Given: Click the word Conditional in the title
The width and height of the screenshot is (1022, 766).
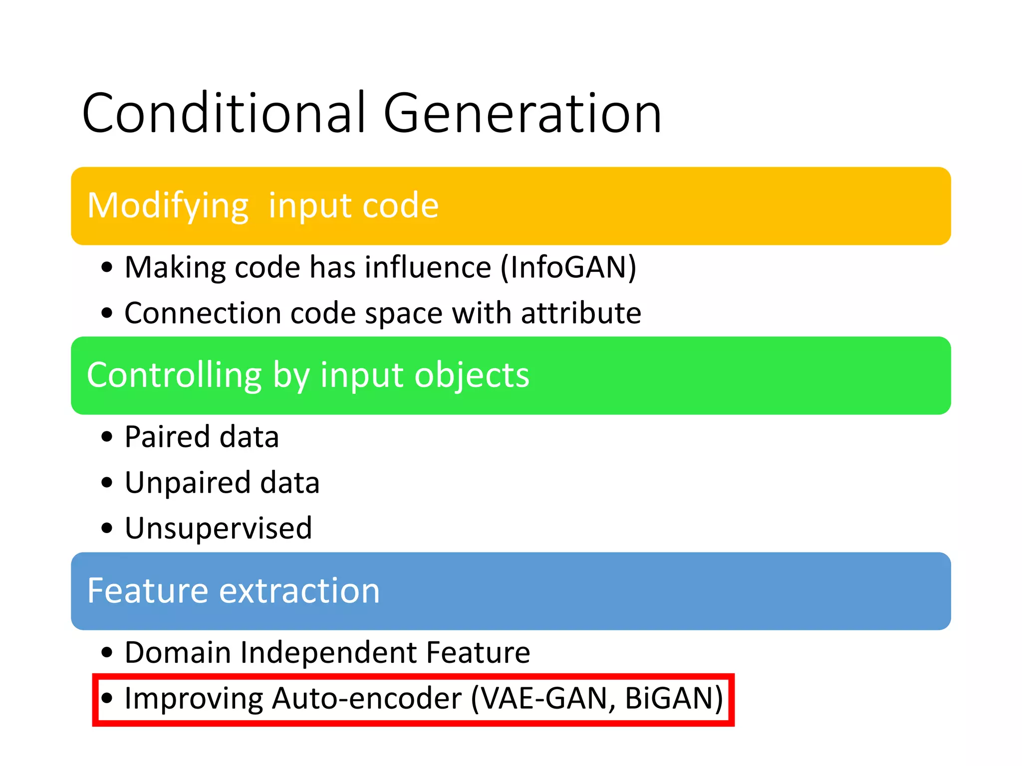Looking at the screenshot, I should point(224,114).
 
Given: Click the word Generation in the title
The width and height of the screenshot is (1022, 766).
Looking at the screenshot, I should point(522,114).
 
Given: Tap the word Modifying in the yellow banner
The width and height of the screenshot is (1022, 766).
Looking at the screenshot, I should point(168,206).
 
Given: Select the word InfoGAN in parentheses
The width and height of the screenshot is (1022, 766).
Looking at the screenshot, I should point(568,267).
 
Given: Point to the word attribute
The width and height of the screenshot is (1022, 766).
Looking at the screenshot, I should point(581,313).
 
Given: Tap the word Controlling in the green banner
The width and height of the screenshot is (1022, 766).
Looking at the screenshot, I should point(174,375).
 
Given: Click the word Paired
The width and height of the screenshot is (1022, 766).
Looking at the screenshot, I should point(167,437).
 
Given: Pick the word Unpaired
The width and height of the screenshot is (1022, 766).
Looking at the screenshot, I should point(187,483).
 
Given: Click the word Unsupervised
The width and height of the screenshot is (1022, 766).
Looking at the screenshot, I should point(218,528).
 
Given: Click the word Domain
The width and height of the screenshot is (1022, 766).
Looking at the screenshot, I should point(177,652).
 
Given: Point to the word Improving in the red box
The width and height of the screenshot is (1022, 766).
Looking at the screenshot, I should point(193,698).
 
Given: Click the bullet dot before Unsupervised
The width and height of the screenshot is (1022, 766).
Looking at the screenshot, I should point(107,528).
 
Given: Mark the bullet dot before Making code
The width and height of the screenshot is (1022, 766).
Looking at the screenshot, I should point(107,267).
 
